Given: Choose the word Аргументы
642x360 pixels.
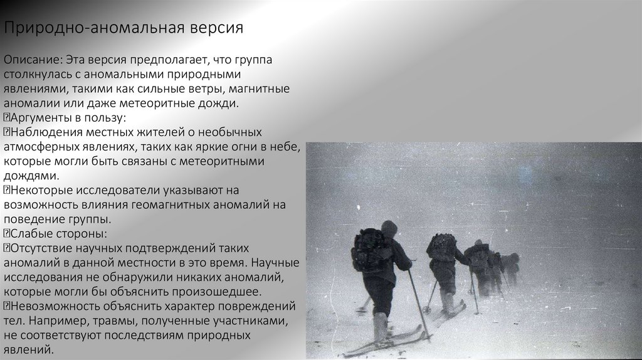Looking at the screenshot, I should click(x=39, y=118).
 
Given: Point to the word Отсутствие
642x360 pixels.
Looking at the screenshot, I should click(x=41, y=248).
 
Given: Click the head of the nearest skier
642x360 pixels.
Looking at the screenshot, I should click(x=389, y=229).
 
